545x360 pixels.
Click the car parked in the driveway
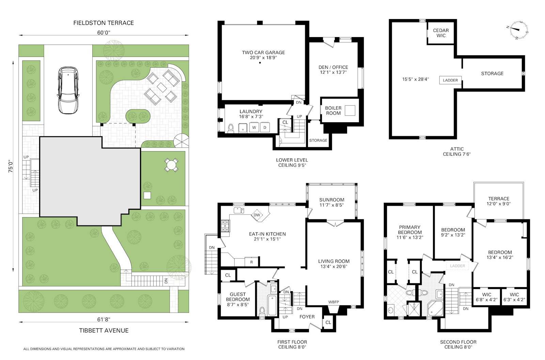[68, 90]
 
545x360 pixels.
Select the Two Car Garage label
[263, 52]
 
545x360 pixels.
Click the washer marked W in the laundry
[254, 127]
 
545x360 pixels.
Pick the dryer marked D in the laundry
[265, 127]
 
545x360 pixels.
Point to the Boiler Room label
[333, 111]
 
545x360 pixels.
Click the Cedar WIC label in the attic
[441, 33]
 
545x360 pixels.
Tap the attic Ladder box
[450, 80]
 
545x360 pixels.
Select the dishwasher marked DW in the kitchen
[257, 215]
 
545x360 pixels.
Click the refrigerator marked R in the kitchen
[252, 262]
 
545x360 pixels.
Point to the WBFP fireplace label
[333, 302]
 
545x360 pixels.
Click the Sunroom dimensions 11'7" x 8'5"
[332, 205]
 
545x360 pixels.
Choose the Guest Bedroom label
[238, 297]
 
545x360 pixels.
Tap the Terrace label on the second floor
[499, 199]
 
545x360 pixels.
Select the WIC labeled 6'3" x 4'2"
[514, 297]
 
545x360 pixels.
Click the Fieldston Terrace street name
[104, 23]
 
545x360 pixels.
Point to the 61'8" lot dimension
[104, 319]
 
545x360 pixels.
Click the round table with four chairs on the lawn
[171, 165]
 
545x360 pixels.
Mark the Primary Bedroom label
[410, 230]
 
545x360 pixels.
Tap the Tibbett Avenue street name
[104, 331]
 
